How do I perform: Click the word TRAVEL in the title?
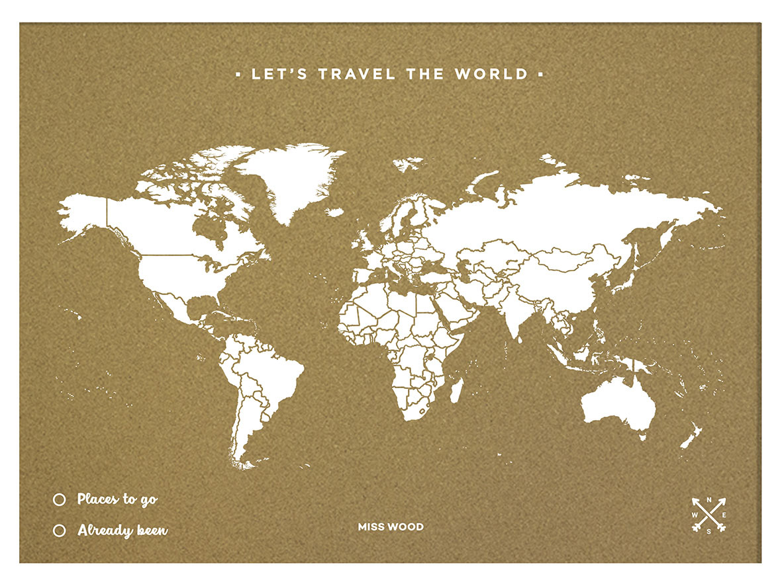[357, 74]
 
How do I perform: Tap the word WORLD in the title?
[491, 74]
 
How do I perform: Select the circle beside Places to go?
[59, 500]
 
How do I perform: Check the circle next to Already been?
[59, 530]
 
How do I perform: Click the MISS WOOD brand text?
[391, 527]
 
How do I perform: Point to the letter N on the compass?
[709, 500]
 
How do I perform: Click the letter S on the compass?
[709, 530]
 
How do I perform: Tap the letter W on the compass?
[695, 515]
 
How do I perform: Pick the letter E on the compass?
[723, 515]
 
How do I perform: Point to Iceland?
[336, 212]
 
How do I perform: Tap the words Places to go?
[117, 499]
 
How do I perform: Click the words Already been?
[122, 530]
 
